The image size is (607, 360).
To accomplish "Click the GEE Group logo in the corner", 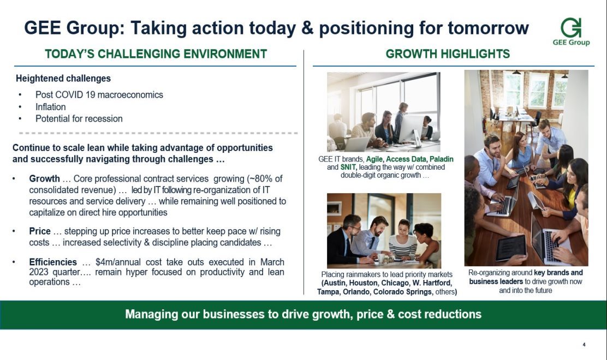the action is coord(571,32).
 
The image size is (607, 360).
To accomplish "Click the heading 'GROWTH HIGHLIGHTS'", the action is coord(448,54).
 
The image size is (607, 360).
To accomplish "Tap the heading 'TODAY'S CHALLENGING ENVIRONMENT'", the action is coord(156,54).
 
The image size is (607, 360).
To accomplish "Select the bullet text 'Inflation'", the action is coord(50,107).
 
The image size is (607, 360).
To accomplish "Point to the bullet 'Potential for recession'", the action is coord(79,119).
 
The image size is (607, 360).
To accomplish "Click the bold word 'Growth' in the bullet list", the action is coord(45,179).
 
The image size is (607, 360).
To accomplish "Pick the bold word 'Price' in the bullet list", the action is coord(40,231).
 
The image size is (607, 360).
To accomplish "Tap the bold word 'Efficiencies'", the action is coord(53,262).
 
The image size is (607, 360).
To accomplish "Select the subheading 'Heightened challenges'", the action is coord(63,79).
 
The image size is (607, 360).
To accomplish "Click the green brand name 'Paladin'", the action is coord(441,159).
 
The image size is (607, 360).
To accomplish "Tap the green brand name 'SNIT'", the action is coord(348,167).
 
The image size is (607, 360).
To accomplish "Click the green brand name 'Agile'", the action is coord(374,159).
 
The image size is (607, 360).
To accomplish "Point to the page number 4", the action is coord(584,345).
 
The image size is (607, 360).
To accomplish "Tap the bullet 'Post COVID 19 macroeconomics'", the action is coord(99,95).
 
